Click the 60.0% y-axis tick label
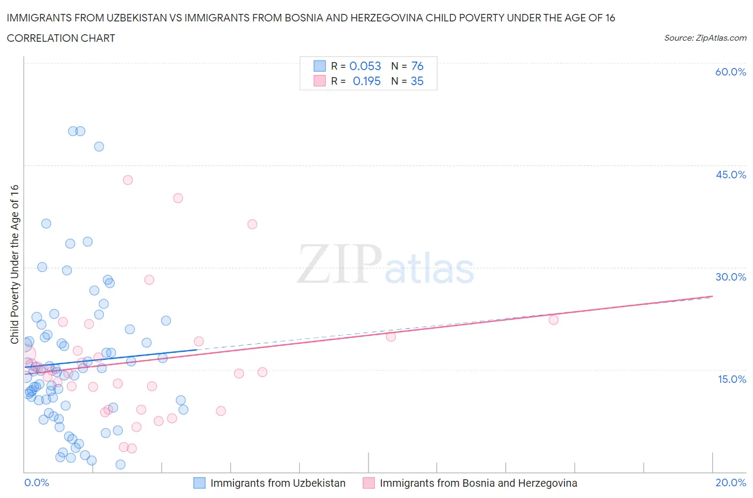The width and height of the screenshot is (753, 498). pyautogui.click(x=730, y=72)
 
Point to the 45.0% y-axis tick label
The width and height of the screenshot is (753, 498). pyautogui.click(x=731, y=175)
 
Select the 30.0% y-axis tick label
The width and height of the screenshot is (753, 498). pyautogui.click(x=731, y=277)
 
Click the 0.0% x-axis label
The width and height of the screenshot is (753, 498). pyautogui.click(x=36, y=482)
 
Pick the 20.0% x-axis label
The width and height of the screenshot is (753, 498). pyautogui.click(x=731, y=482)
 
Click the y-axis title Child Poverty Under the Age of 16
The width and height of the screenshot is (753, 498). pyautogui.click(x=14, y=264)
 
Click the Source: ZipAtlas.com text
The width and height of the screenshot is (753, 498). pyautogui.click(x=705, y=38)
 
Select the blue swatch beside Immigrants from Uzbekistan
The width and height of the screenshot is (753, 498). pyautogui.click(x=199, y=483)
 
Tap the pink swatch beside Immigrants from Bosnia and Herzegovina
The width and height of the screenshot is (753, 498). pyautogui.click(x=368, y=483)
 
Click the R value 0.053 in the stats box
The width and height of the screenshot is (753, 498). pyautogui.click(x=365, y=66)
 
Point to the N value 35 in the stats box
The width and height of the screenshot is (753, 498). pyautogui.click(x=417, y=81)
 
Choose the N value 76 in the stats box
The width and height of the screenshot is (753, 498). pyautogui.click(x=417, y=66)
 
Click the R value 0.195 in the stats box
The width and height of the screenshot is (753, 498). pyautogui.click(x=366, y=81)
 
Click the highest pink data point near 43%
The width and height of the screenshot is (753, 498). pyautogui.click(x=127, y=180)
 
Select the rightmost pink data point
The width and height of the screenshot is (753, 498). pyautogui.click(x=554, y=320)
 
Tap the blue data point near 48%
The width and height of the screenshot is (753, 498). pyautogui.click(x=99, y=146)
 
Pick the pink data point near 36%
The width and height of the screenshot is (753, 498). pyautogui.click(x=252, y=224)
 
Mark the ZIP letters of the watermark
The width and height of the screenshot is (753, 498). pyautogui.click(x=340, y=263)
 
